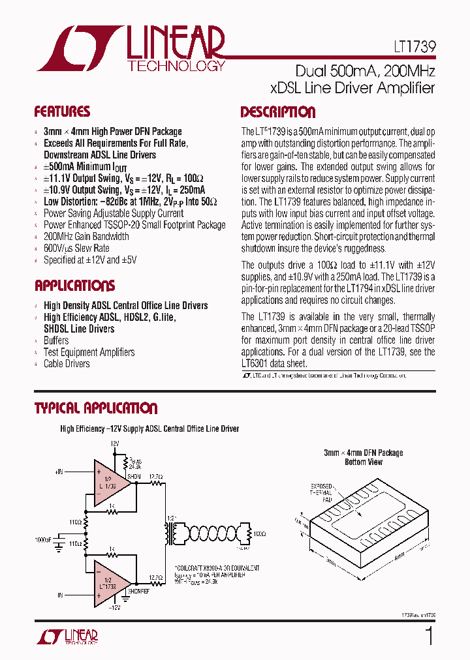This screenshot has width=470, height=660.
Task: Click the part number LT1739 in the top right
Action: tap(409, 48)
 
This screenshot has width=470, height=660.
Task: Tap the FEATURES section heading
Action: tap(62, 112)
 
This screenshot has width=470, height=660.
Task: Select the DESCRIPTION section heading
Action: tap(277, 112)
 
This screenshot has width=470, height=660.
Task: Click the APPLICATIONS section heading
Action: tap(74, 286)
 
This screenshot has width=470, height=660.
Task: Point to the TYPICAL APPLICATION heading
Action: tap(95, 409)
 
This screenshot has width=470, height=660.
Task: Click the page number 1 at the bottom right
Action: tap(428, 636)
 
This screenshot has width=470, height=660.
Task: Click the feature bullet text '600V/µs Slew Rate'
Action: tap(76, 248)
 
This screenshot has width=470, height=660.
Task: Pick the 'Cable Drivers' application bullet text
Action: tap(67, 363)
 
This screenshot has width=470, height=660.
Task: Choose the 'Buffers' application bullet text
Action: tap(56, 340)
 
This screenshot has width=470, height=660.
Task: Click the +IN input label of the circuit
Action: tap(59, 471)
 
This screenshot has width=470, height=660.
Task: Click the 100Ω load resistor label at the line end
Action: tap(259, 533)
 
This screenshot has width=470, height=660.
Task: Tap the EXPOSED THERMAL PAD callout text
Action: tap(322, 492)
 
